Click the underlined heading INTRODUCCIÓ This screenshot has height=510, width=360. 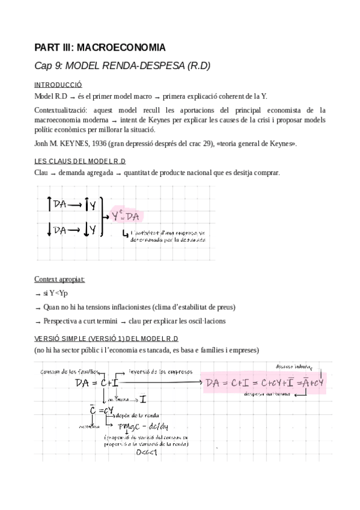[x=58, y=85]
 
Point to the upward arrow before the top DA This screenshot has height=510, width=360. [x=49, y=205]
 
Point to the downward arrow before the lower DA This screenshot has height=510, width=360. [x=49, y=230]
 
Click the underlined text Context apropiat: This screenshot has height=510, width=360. [x=59, y=280]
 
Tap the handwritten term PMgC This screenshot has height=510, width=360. [x=129, y=426]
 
